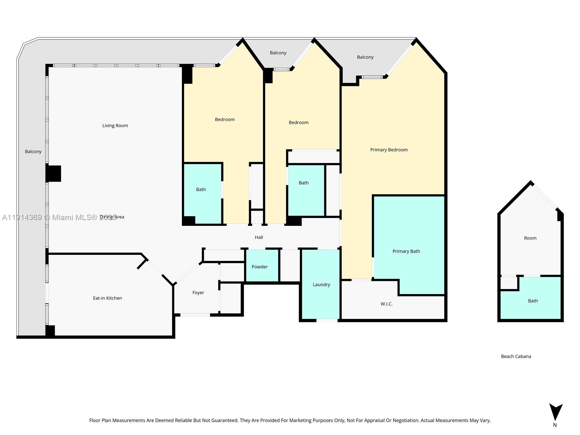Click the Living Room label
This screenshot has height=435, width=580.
click(x=115, y=126)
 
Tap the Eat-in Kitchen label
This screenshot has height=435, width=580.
click(x=107, y=298)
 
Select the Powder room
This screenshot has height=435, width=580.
click(x=260, y=267)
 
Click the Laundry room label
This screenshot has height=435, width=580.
click(x=321, y=285)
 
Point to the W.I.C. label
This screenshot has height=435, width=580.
click(x=386, y=304)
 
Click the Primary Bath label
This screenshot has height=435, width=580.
click(x=406, y=252)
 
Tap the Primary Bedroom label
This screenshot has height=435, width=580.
click(x=389, y=150)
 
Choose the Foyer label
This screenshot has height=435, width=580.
click(x=198, y=293)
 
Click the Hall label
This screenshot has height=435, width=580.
click(x=259, y=237)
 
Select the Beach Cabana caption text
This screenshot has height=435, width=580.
click(x=516, y=357)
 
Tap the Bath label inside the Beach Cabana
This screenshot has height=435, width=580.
click(x=533, y=301)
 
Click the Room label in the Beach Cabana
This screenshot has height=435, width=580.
click(x=530, y=239)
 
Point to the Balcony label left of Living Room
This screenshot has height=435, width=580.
click(x=33, y=152)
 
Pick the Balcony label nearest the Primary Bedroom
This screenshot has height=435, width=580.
click(x=365, y=57)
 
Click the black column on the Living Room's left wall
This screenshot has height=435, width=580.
click(x=54, y=174)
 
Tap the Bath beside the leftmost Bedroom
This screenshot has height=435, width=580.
click(x=201, y=190)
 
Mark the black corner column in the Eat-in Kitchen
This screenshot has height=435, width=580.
click(x=50, y=331)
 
